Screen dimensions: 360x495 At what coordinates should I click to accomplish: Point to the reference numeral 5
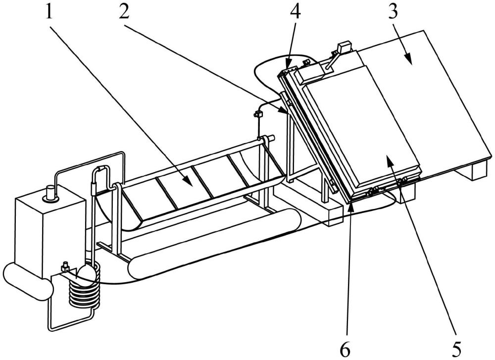click(x=456, y=347)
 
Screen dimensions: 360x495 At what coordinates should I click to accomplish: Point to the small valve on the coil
click(x=64, y=267)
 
